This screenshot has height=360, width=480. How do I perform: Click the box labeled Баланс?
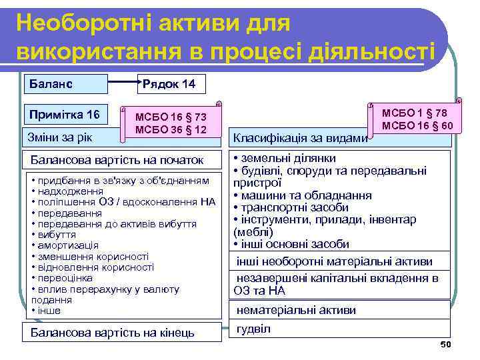pyautogui.click(x=65, y=85)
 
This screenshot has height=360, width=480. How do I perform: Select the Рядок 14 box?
pyautogui.click(x=171, y=85)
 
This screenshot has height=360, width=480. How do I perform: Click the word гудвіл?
pyautogui.click(x=253, y=329)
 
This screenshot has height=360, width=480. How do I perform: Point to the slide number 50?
pyautogui.click(x=446, y=344)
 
